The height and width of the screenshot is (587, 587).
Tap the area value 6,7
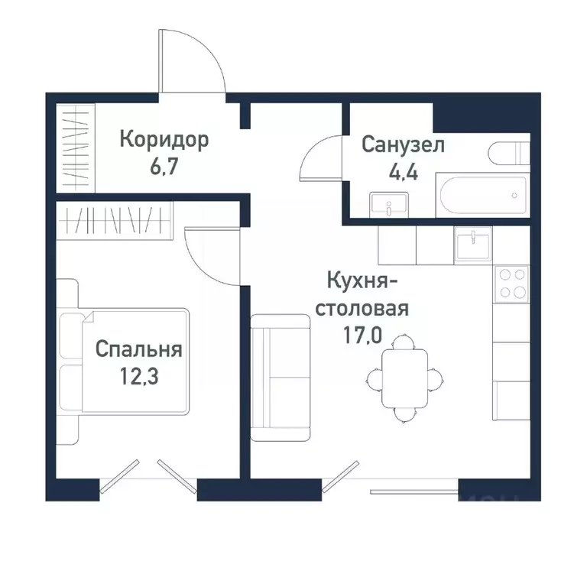[164, 167]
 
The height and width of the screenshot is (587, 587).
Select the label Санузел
[403, 145]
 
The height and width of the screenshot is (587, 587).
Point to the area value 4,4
[403, 171]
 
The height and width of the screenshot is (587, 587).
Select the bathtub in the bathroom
[481, 194]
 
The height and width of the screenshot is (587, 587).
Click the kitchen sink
[474, 245]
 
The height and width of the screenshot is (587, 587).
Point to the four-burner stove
[511, 284]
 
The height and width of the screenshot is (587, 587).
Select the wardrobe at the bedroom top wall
[114, 221]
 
